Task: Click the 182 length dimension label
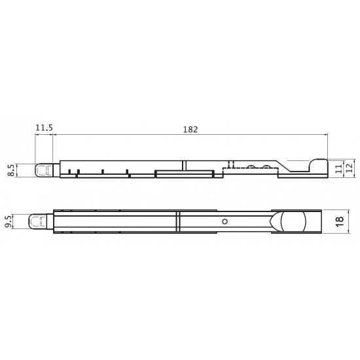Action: pyautogui.click(x=190, y=130)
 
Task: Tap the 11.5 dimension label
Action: pyautogui.click(x=44, y=128)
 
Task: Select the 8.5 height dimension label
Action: pyautogui.click(x=10, y=170)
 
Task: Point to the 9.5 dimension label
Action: pyautogui.click(x=8, y=221)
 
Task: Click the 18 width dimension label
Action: pyautogui.click(x=340, y=222)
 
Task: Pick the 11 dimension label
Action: pyautogui.click(x=338, y=169)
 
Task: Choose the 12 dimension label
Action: pyautogui.click(x=349, y=168)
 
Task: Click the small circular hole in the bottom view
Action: pyautogui.click(x=225, y=221)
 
